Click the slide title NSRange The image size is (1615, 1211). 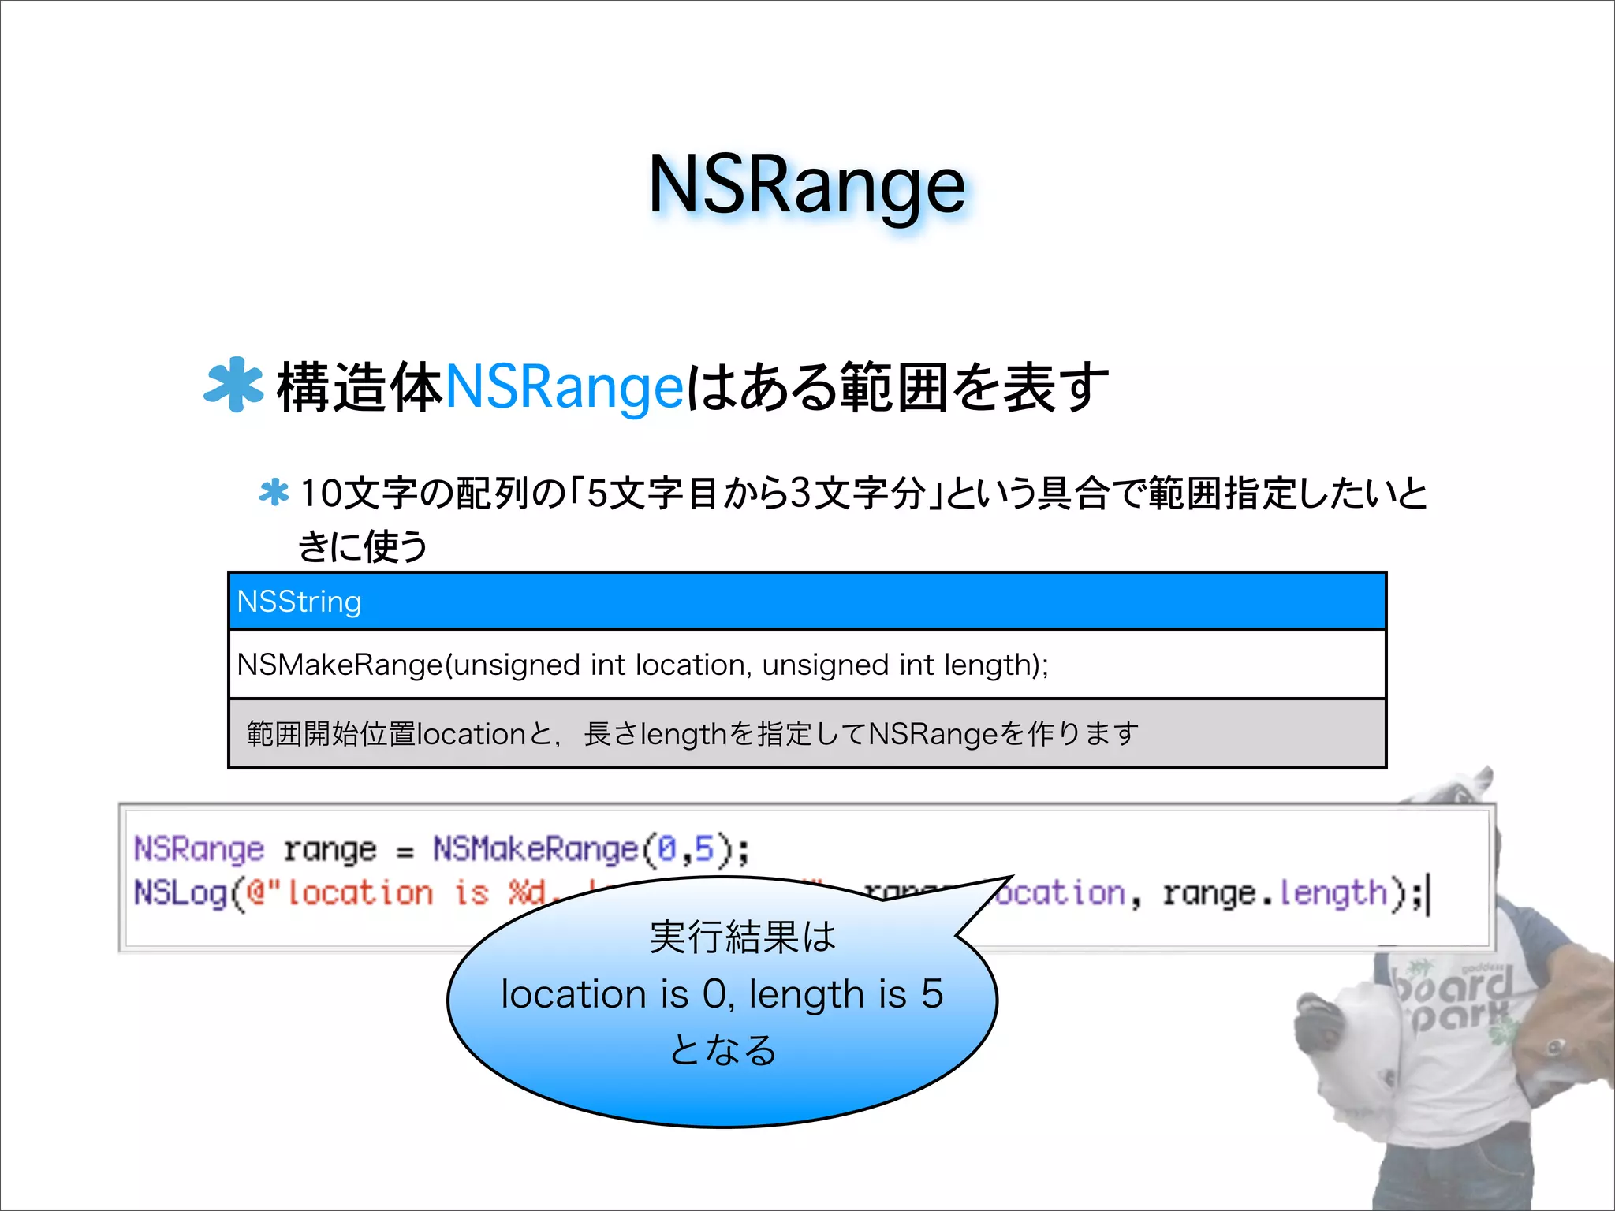(x=806, y=186)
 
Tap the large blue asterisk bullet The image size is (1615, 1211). (x=233, y=386)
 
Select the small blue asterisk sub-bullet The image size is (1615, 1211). (x=274, y=493)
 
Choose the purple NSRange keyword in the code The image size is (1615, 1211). (x=199, y=849)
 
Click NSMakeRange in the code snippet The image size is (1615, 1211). (x=535, y=849)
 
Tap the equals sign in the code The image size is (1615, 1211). (x=405, y=852)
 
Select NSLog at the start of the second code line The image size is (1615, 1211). (x=181, y=893)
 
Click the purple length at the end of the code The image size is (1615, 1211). (x=1332, y=894)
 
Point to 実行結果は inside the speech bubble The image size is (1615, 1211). (x=742, y=937)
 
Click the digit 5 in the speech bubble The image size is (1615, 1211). (x=932, y=993)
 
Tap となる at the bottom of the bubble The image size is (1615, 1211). (x=723, y=1050)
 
